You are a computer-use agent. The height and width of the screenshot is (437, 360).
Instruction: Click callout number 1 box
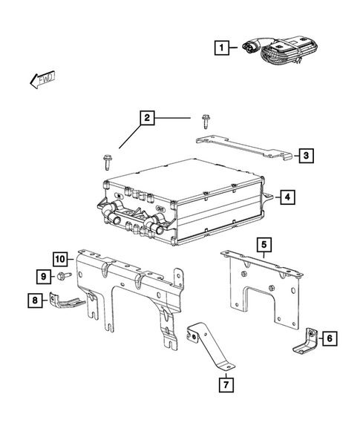pyautogui.click(x=220, y=50)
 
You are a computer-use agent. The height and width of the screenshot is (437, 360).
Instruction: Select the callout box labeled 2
pyautogui.click(x=147, y=118)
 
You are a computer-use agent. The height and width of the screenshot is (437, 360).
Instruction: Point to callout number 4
pyautogui.click(x=287, y=197)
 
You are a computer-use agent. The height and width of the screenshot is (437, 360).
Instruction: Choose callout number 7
pyautogui.click(x=225, y=385)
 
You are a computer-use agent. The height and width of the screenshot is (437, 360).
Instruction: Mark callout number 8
pyautogui.click(x=34, y=300)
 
